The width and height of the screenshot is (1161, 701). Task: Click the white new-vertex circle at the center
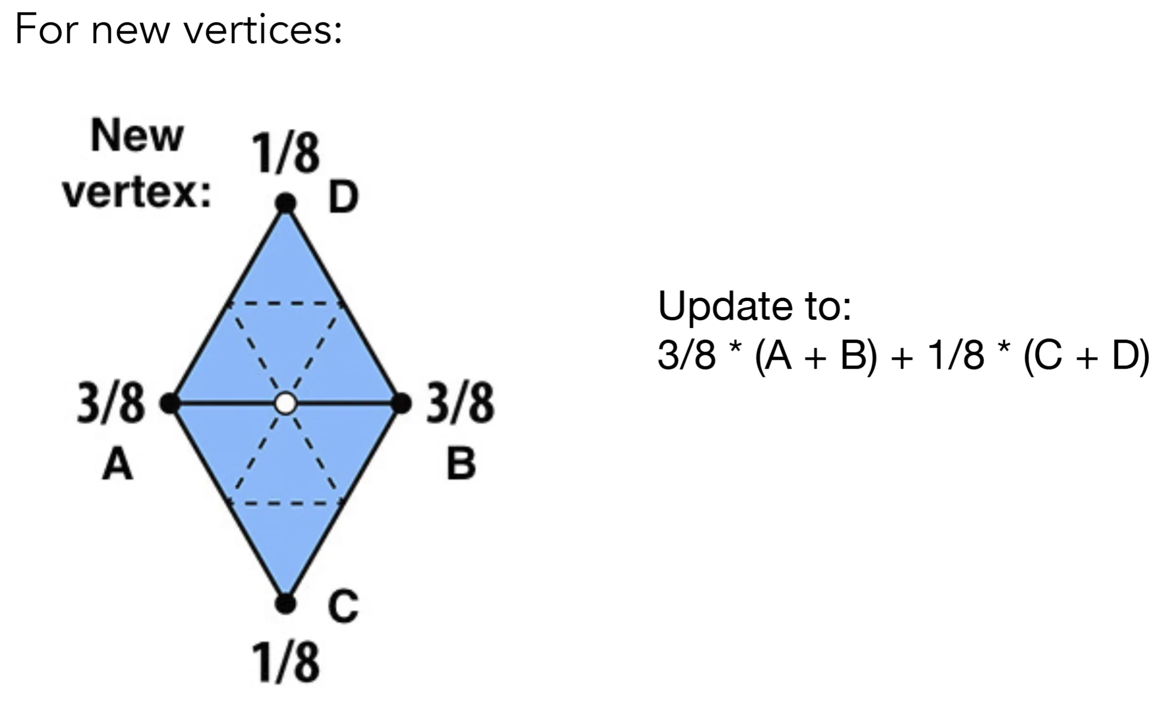(286, 403)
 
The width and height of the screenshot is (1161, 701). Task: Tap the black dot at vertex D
(286, 203)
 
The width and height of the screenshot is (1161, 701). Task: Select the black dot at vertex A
(170, 403)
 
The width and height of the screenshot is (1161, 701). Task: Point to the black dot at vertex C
(286, 604)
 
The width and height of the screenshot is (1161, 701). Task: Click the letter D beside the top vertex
(343, 198)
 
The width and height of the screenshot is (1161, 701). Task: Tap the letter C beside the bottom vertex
(343, 606)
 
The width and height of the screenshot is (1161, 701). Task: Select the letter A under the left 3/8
(118, 464)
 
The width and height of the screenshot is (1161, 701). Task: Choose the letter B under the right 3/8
(461, 464)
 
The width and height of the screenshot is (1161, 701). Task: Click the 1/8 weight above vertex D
(286, 154)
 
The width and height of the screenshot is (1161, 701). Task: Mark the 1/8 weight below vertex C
(286, 662)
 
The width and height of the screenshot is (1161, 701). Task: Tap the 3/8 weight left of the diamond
(111, 403)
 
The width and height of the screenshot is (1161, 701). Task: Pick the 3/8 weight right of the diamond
(461, 403)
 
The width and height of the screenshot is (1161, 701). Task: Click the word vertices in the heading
(263, 30)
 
